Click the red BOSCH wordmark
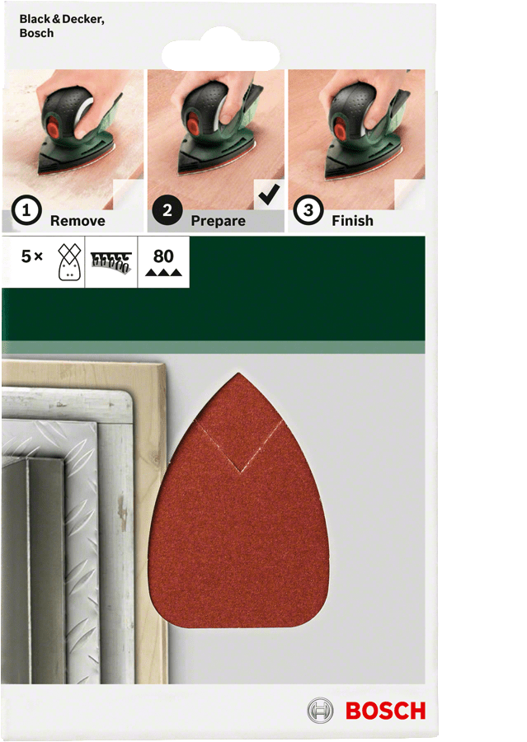coord(385,711)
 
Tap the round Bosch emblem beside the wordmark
coord(320,711)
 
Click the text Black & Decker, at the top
coord(62,20)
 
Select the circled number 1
coord(26,211)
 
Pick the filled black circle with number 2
coord(167,210)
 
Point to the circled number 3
coord(308,210)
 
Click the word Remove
coord(78,221)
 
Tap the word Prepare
coord(219,221)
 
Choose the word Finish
coord(352,220)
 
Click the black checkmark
coord(269,194)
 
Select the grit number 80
coord(163,256)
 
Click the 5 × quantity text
coord(31,256)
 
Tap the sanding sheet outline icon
coord(69,262)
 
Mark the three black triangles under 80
coord(163,272)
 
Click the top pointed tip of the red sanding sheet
coord(239,373)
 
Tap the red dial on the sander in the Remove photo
coord(52,127)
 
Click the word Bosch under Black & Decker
coord(36,34)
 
